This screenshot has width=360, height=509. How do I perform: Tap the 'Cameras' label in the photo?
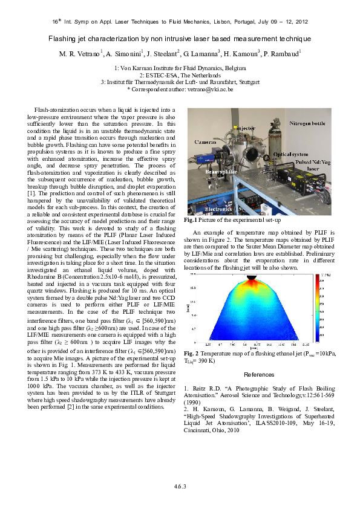click(x=206, y=141)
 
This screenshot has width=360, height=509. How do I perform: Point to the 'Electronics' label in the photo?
click(x=218, y=209)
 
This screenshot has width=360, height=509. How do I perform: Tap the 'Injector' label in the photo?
click(x=245, y=129)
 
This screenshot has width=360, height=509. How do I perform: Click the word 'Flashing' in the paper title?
click(x=66, y=39)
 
